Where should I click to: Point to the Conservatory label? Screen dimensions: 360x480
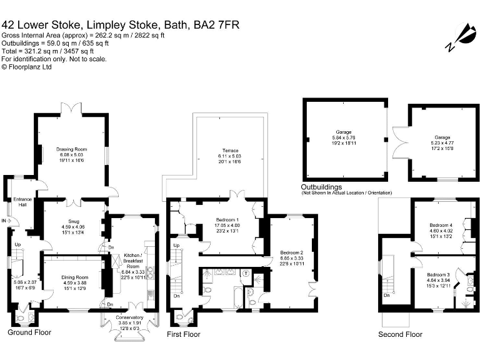(x=131, y=317)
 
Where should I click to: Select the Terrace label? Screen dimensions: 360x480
(x=228, y=151)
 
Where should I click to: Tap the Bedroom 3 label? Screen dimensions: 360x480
(x=438, y=275)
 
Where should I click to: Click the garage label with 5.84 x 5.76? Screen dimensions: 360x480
(x=343, y=132)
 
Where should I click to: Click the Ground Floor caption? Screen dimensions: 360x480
(x=29, y=332)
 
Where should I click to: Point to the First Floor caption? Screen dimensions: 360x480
(x=184, y=334)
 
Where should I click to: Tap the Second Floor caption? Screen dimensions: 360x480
(x=400, y=334)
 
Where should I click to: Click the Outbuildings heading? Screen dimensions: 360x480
(x=321, y=187)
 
